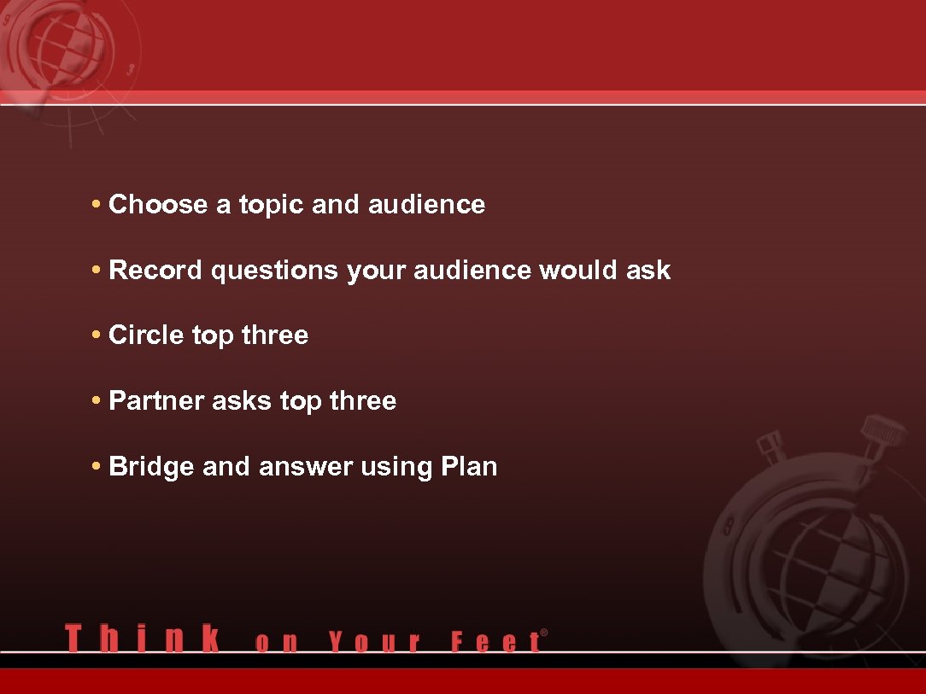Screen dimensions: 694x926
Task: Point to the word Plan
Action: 469,467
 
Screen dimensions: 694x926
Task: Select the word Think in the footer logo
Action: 142,639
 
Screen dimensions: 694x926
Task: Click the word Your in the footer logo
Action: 374,642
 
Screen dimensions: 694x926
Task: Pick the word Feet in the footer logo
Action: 495,642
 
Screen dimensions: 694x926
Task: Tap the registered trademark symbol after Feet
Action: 544,633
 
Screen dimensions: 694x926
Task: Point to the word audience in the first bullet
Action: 426,205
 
